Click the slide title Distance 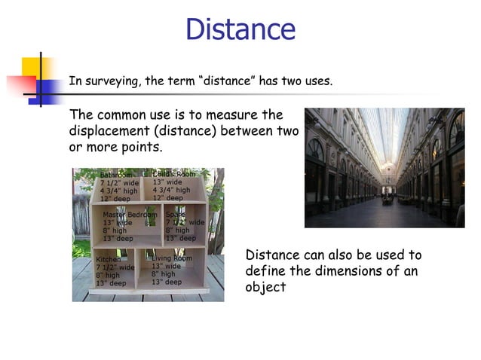[x=240, y=29]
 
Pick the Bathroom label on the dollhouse [x=116, y=175]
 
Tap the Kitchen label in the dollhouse [x=108, y=259]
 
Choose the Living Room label [x=171, y=258]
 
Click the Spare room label [x=174, y=215]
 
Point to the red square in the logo [x=21, y=83]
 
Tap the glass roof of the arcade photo [x=384, y=132]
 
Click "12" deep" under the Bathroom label [x=115, y=199]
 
